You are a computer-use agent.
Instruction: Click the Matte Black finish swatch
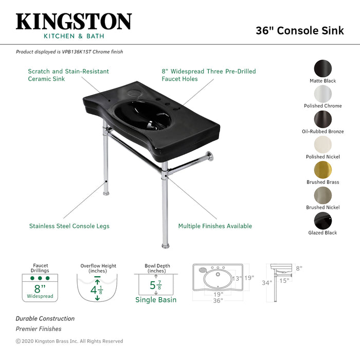click(x=323, y=68)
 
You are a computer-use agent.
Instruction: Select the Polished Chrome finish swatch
click(x=323, y=94)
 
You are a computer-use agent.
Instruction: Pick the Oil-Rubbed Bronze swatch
click(x=323, y=119)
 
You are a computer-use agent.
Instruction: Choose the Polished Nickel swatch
click(x=323, y=144)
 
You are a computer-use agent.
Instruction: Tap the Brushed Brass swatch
click(x=323, y=170)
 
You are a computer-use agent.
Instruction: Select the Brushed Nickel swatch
click(x=323, y=195)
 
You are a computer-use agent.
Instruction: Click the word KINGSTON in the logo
click(x=74, y=22)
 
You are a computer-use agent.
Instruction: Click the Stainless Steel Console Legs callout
click(x=69, y=226)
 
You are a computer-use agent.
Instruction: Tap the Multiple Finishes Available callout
click(x=215, y=226)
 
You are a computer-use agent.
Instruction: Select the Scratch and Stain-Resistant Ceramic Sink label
click(x=68, y=75)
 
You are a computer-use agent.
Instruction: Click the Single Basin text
click(x=156, y=300)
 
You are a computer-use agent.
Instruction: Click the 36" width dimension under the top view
click(x=218, y=301)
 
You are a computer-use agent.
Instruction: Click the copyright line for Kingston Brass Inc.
click(x=69, y=341)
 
